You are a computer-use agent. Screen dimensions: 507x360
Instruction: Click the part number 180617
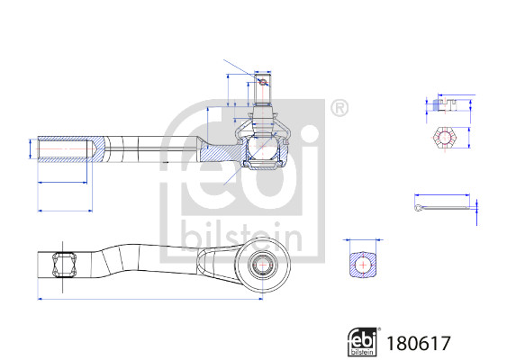(418, 343)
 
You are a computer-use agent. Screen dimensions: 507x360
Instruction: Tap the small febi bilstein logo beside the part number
(363, 342)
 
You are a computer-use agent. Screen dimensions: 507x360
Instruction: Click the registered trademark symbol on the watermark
(340, 108)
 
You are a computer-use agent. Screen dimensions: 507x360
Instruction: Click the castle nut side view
(445, 105)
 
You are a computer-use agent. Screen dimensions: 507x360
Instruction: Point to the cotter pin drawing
(441, 207)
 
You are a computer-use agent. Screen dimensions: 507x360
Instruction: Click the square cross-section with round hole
(363, 265)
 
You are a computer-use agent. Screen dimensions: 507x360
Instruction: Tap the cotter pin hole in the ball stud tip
(263, 82)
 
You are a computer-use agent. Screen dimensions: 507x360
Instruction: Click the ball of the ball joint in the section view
(263, 147)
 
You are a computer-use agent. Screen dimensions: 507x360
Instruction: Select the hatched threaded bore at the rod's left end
(66, 149)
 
